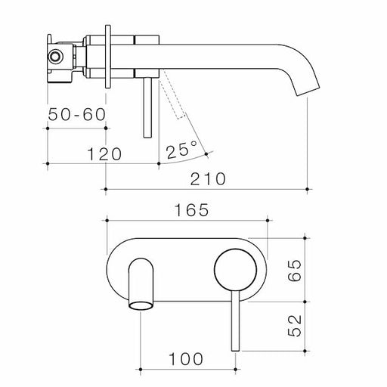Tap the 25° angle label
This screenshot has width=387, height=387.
point(183,149)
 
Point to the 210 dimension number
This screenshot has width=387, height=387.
point(208,179)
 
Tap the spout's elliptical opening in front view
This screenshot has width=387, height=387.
point(139,305)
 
